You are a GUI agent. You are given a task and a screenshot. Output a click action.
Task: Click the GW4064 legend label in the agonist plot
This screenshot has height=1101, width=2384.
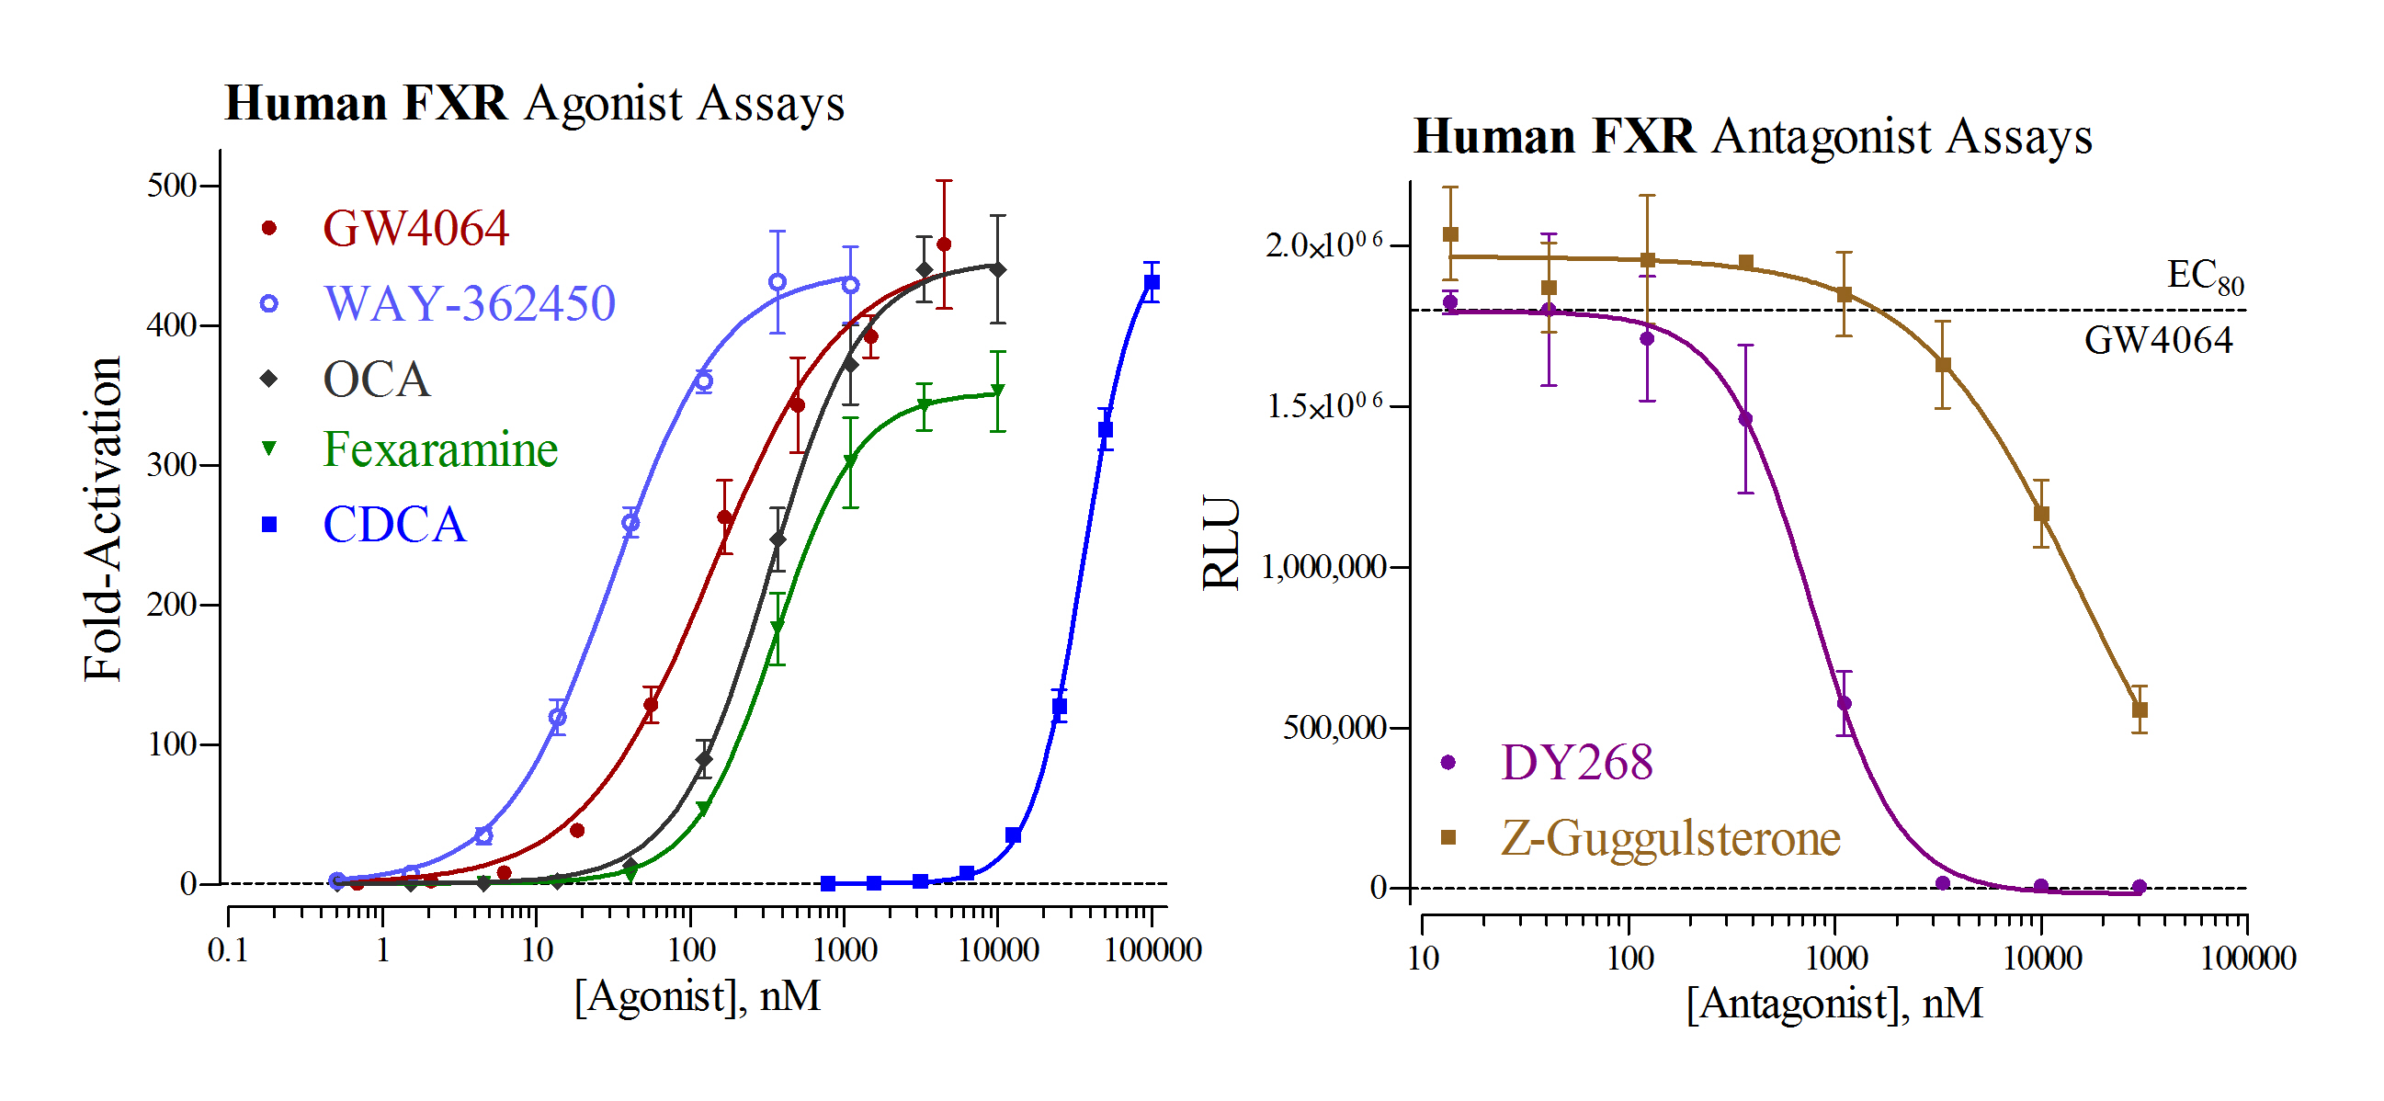tap(415, 229)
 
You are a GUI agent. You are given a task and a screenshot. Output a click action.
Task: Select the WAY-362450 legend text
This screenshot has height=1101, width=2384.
tap(470, 303)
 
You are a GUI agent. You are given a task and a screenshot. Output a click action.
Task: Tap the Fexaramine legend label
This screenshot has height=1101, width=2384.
tap(439, 449)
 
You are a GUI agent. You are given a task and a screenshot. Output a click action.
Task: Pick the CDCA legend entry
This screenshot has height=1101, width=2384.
tap(394, 525)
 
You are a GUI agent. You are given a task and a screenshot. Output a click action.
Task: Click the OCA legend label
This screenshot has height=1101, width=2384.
tap(377, 380)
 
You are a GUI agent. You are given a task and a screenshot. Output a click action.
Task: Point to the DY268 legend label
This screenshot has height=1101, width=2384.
tap(1576, 764)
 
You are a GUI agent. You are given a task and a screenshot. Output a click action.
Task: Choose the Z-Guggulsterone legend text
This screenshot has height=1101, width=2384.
tap(1670, 838)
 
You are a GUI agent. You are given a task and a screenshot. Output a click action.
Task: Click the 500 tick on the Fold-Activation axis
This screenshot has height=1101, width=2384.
tap(172, 185)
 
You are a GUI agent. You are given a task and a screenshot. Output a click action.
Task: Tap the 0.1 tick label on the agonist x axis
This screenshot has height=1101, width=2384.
tap(228, 950)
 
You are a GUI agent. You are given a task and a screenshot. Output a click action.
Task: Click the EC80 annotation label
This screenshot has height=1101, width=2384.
tap(2205, 276)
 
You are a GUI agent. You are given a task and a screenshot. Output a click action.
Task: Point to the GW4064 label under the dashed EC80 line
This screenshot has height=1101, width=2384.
tap(2157, 340)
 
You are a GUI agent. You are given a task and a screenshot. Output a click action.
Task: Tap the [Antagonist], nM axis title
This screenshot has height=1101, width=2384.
tap(1833, 1003)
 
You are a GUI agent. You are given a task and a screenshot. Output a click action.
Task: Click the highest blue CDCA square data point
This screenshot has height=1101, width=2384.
tap(1152, 282)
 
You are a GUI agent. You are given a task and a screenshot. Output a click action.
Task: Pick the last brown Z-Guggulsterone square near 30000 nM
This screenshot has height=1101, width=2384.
tap(2139, 709)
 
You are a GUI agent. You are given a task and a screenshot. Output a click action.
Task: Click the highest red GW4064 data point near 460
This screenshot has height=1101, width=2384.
tap(943, 244)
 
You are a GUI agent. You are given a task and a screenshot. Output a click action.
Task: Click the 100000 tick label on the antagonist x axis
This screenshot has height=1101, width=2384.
tap(2247, 958)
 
